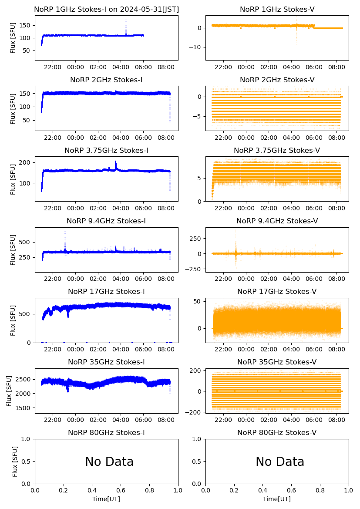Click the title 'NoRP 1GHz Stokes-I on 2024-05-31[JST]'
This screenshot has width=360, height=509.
(106, 9)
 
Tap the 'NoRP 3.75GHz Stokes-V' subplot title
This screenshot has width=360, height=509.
(277, 150)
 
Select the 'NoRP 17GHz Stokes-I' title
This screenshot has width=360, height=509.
(106, 291)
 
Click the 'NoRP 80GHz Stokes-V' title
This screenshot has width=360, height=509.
(277, 432)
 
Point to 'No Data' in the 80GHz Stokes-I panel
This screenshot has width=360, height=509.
(109, 462)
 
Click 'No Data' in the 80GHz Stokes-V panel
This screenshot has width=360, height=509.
(280, 462)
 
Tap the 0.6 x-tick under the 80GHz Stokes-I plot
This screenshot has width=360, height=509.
(121, 491)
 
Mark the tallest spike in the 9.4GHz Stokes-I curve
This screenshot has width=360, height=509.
(65, 233)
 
